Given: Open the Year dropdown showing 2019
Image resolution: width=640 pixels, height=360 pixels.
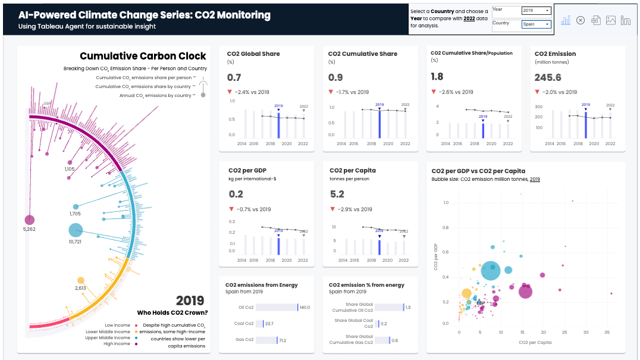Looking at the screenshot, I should tap(536, 11).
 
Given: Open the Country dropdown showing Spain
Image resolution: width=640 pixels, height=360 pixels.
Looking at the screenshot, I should tap(536, 24).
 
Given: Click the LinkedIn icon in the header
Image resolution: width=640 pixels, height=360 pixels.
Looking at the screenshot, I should tap(626, 20).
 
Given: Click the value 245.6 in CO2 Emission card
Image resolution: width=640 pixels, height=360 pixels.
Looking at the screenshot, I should tap(548, 77).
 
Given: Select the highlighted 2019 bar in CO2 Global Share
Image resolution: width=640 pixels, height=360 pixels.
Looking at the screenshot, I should tap(278, 124).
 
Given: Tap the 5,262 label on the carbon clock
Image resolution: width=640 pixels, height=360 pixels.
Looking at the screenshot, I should tap(29, 229).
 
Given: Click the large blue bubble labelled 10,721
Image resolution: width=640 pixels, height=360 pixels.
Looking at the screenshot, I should tap(76, 230).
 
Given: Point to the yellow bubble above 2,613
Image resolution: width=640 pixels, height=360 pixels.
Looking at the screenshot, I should tap(81, 280).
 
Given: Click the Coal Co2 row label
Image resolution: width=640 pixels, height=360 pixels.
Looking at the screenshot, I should tap(244, 324).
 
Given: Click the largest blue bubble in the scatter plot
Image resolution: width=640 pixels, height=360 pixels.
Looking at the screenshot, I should tap(491, 270).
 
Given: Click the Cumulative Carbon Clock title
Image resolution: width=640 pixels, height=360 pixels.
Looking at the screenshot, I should tap(143, 56).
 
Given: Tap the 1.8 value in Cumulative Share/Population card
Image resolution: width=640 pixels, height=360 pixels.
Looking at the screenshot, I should tap(437, 77).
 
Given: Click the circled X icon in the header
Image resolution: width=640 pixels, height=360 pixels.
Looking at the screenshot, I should tap(581, 20).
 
